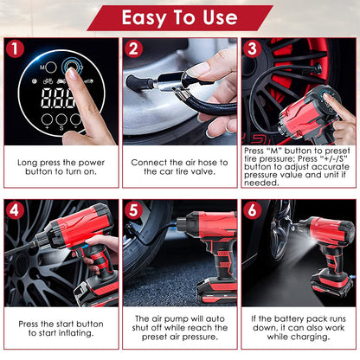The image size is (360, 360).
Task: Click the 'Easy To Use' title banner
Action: pyautogui.click(x=179, y=17)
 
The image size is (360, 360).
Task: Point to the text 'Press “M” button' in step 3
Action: pyautogui.click(x=277, y=150)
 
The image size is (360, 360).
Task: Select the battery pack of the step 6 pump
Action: pyautogui.click(x=328, y=285)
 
